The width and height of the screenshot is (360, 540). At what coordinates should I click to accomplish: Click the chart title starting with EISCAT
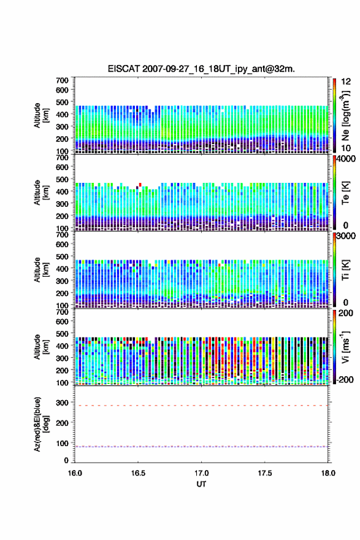click(201, 69)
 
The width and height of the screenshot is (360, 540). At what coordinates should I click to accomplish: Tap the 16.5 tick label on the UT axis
click(138, 473)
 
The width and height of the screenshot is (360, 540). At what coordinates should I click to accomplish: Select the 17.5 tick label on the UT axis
click(265, 473)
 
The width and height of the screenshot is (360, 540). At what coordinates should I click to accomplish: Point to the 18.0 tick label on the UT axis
click(328, 473)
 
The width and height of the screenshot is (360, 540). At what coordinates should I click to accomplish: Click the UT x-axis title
click(201, 484)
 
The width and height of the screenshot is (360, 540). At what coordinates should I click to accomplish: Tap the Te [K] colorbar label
click(345, 193)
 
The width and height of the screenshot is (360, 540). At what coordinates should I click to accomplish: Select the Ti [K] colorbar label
click(345, 269)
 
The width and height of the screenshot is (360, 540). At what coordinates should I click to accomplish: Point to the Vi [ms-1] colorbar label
click(345, 347)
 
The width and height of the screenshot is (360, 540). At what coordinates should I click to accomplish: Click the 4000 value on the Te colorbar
click(346, 160)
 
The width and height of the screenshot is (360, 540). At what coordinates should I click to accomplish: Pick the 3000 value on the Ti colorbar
click(346, 236)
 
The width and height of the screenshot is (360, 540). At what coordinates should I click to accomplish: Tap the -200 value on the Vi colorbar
click(345, 379)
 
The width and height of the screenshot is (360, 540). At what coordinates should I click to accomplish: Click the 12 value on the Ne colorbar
click(346, 82)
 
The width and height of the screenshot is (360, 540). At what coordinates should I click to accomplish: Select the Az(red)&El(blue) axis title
click(40, 424)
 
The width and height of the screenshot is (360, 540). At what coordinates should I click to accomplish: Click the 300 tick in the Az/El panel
click(63, 403)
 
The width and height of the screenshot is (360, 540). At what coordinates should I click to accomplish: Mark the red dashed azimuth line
click(201, 406)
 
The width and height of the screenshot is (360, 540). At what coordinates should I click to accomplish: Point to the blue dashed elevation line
click(201, 447)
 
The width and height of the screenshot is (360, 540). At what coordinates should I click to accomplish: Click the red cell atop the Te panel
click(140, 185)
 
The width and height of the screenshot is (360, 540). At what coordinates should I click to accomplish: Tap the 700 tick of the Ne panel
click(63, 80)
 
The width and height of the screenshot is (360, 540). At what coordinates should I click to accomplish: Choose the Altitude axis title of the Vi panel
click(40, 347)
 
